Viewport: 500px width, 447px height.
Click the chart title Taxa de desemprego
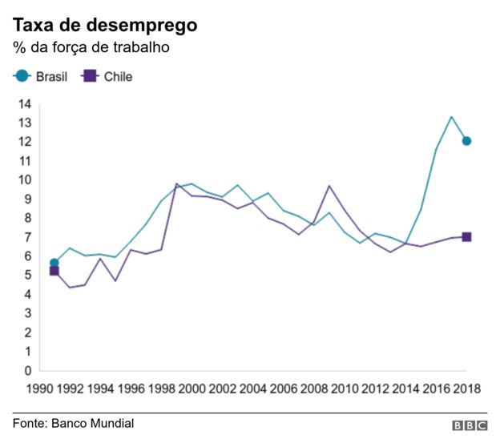click(104, 25)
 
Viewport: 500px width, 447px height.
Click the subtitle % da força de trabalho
click(91, 48)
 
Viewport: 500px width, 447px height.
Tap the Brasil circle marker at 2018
click(466, 141)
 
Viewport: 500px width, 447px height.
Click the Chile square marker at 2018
click(466, 237)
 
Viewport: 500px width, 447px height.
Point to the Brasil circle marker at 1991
click(54, 263)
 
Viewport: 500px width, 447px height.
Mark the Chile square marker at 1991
click(54, 271)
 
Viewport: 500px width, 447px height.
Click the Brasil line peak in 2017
click(451, 117)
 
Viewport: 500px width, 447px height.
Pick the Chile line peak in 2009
click(329, 186)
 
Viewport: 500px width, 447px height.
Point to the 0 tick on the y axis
click(27, 371)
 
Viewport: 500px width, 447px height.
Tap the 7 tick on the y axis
click(27, 237)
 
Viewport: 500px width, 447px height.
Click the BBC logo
click(470, 426)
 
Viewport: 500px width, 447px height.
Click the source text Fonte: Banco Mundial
click(73, 423)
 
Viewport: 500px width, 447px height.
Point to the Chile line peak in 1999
click(176, 184)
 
